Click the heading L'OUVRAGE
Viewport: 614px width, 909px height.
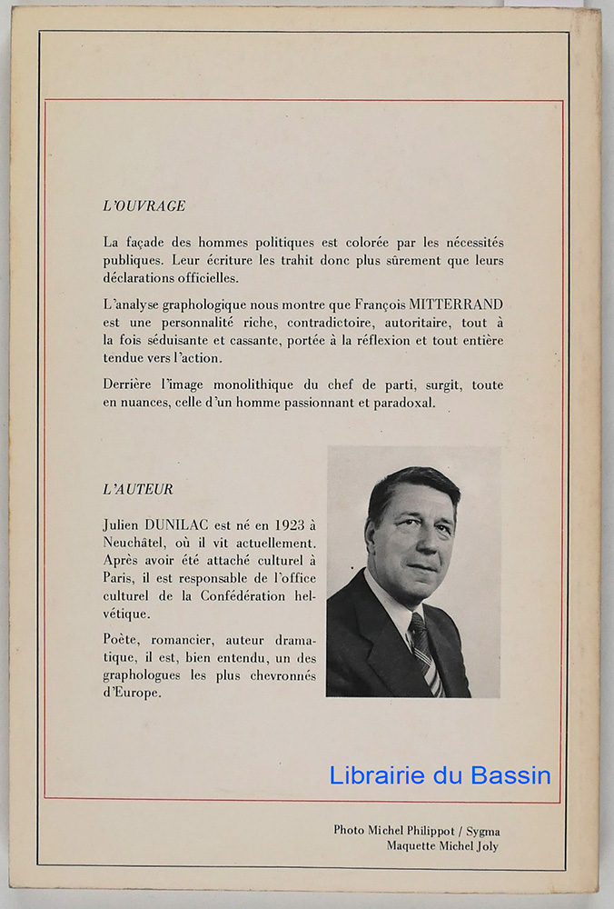pyautogui.click(x=144, y=206)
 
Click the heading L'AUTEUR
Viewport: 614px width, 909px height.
pyautogui.click(x=138, y=489)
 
